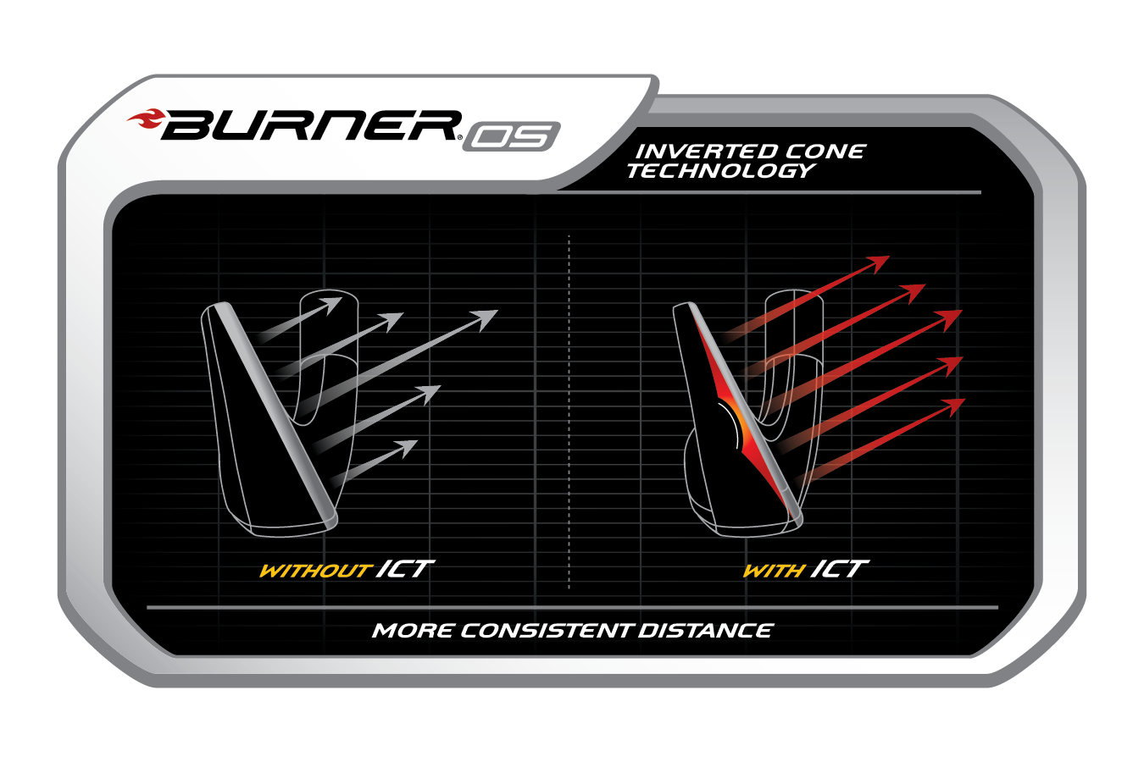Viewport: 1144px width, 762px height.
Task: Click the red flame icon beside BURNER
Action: point(146,120)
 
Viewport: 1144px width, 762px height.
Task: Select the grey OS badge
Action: point(511,136)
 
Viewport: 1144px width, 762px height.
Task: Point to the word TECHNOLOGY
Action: point(719,170)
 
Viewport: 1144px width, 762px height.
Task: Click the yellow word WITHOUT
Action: point(314,571)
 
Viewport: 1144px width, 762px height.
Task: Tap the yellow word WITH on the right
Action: point(773,571)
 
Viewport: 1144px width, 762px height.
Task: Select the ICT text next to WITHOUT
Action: point(404,568)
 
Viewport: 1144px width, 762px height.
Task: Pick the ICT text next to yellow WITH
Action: point(839,568)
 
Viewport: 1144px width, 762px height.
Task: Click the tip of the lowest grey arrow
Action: point(415,443)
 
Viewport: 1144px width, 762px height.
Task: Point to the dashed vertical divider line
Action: point(569,406)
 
